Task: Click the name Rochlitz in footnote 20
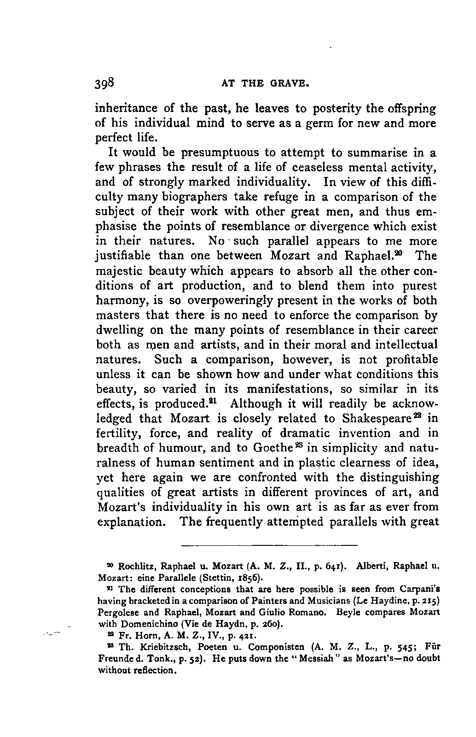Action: tap(134, 566)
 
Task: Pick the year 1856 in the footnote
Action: tap(250, 577)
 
